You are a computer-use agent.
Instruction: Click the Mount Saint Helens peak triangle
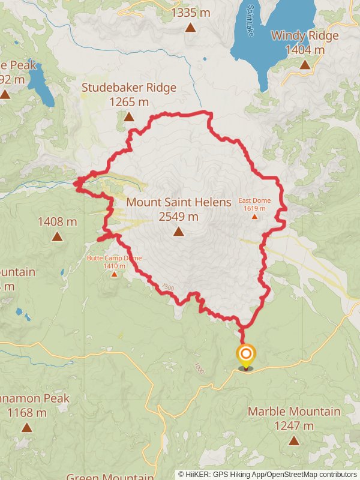(178, 232)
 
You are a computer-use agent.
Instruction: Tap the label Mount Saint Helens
(178, 202)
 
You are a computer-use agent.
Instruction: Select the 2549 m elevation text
(178, 217)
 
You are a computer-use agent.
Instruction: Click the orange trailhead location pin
(245, 356)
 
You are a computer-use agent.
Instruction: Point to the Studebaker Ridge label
(129, 88)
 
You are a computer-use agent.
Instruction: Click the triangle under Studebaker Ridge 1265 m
(129, 116)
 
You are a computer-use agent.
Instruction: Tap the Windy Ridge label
(305, 35)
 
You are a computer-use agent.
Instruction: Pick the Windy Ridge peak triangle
(305, 65)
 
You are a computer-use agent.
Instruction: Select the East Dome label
(254, 200)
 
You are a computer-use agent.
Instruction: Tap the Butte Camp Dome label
(114, 258)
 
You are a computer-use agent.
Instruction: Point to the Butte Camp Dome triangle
(114, 274)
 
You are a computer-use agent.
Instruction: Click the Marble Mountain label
(293, 412)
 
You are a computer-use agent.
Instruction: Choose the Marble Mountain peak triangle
(293, 440)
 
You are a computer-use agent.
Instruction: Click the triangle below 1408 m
(57, 236)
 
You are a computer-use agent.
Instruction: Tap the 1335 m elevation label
(190, 12)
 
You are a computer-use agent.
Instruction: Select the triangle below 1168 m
(26, 427)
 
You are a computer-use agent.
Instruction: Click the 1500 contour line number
(168, 288)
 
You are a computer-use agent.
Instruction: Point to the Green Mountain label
(110, 476)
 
